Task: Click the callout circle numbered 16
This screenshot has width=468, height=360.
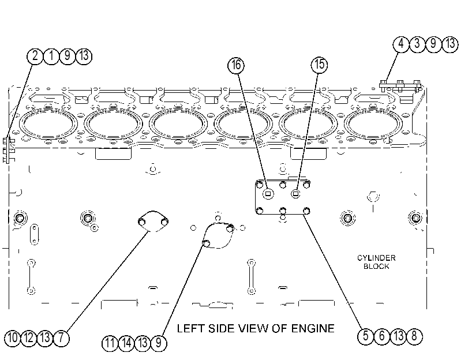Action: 236,65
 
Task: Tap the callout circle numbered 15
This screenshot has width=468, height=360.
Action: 319,65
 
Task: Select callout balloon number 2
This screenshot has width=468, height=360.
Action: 35,56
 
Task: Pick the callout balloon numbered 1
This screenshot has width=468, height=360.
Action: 51,56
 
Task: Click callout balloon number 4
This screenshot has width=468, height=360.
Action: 401,44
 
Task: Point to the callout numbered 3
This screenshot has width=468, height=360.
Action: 417,44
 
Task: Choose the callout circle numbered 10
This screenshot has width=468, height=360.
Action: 13,338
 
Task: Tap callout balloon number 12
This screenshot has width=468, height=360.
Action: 29,338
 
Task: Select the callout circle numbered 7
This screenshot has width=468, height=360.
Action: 61,338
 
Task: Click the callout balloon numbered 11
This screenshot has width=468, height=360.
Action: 110,343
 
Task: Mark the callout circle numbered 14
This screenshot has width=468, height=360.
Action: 126,343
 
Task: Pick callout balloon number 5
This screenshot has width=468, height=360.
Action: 366,336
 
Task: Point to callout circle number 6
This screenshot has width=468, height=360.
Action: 382,336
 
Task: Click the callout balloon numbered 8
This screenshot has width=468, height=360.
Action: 414,336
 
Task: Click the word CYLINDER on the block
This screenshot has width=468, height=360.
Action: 376,258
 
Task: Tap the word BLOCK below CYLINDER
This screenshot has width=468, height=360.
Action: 376,267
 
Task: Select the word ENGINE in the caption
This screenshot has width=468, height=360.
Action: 313,328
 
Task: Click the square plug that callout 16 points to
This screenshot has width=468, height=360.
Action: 268,194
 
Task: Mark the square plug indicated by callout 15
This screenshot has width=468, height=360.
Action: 295,194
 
